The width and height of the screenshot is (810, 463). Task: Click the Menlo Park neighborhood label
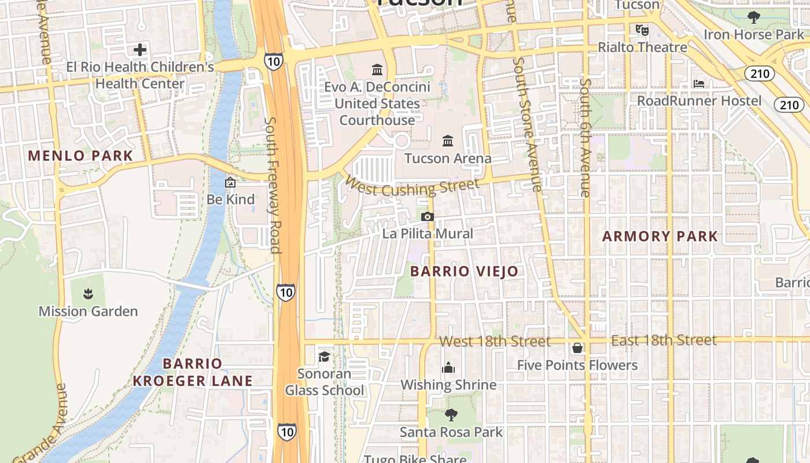point(80,156)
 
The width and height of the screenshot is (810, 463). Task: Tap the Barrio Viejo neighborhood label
point(464,271)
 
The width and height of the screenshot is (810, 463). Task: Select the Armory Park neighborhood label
point(660,236)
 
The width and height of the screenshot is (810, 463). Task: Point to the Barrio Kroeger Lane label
point(193,372)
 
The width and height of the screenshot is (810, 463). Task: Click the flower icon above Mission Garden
point(88,295)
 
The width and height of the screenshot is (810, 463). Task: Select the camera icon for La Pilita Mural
point(428,217)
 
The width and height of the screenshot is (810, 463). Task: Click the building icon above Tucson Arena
point(448,141)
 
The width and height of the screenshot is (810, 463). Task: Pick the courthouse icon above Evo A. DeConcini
point(377,70)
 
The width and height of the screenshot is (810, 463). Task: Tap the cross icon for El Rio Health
point(140,50)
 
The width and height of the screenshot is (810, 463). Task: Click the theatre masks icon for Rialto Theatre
point(641,29)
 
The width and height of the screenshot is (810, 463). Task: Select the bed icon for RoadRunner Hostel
point(699,84)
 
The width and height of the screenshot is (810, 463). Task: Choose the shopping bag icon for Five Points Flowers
point(577,348)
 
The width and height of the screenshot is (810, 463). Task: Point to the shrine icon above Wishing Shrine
point(448,368)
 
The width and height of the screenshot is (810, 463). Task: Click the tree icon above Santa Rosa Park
point(451,414)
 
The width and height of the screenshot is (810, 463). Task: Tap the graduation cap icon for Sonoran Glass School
point(324,357)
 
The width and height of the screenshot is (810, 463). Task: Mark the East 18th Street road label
point(664,340)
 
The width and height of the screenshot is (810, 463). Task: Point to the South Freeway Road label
point(273,185)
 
